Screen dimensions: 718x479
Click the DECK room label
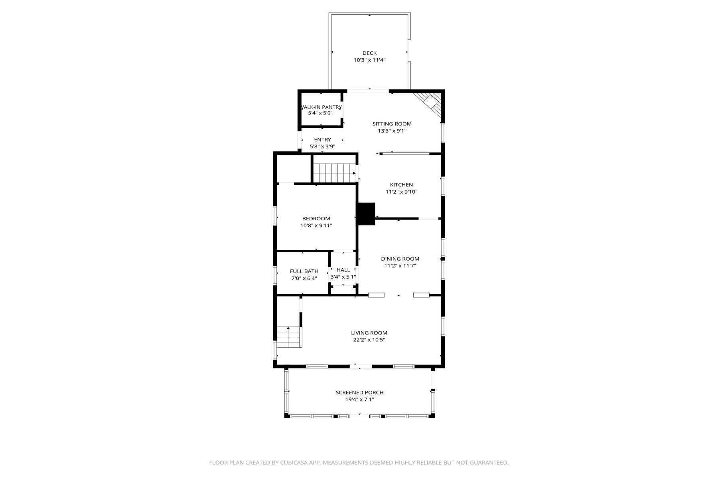(x=369, y=53)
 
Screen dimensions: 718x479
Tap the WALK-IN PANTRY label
(x=321, y=107)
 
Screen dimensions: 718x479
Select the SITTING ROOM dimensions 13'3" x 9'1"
(x=392, y=131)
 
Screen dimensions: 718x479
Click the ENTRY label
(x=322, y=140)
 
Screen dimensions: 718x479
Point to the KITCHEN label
(x=401, y=185)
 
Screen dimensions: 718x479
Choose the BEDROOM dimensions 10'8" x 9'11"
(x=316, y=226)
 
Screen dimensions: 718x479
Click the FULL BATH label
(x=304, y=271)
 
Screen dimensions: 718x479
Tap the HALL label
(x=343, y=270)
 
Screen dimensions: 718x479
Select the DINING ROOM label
(x=400, y=259)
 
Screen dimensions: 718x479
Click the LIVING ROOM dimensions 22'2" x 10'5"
(x=369, y=340)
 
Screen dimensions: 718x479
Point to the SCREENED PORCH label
(x=359, y=392)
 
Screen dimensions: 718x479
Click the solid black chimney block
(x=366, y=214)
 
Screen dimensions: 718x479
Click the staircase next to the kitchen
(x=334, y=172)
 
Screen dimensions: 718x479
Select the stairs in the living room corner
(x=289, y=337)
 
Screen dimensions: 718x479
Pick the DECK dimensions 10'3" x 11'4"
(x=369, y=60)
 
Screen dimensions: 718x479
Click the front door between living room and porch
(x=360, y=366)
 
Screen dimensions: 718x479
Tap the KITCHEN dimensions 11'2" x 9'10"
(x=401, y=192)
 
